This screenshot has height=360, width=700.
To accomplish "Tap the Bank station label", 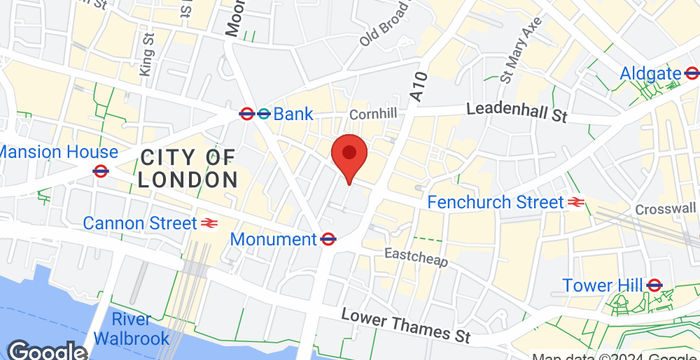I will point(292,115).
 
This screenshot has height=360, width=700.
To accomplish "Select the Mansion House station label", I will point(59,152).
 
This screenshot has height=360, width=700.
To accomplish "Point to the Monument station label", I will point(273,239).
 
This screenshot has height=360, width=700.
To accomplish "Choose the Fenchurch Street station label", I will point(495,202).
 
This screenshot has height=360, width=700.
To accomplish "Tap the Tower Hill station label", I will point(600,285).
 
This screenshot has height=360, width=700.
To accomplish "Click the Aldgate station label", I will point(650,73).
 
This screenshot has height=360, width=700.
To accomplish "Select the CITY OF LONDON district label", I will point(188,168).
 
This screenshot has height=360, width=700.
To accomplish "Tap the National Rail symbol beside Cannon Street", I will point(210,223).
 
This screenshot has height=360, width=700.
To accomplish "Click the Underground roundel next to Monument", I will point(327,239).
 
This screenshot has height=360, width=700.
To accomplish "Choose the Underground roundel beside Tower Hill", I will point(655,285).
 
